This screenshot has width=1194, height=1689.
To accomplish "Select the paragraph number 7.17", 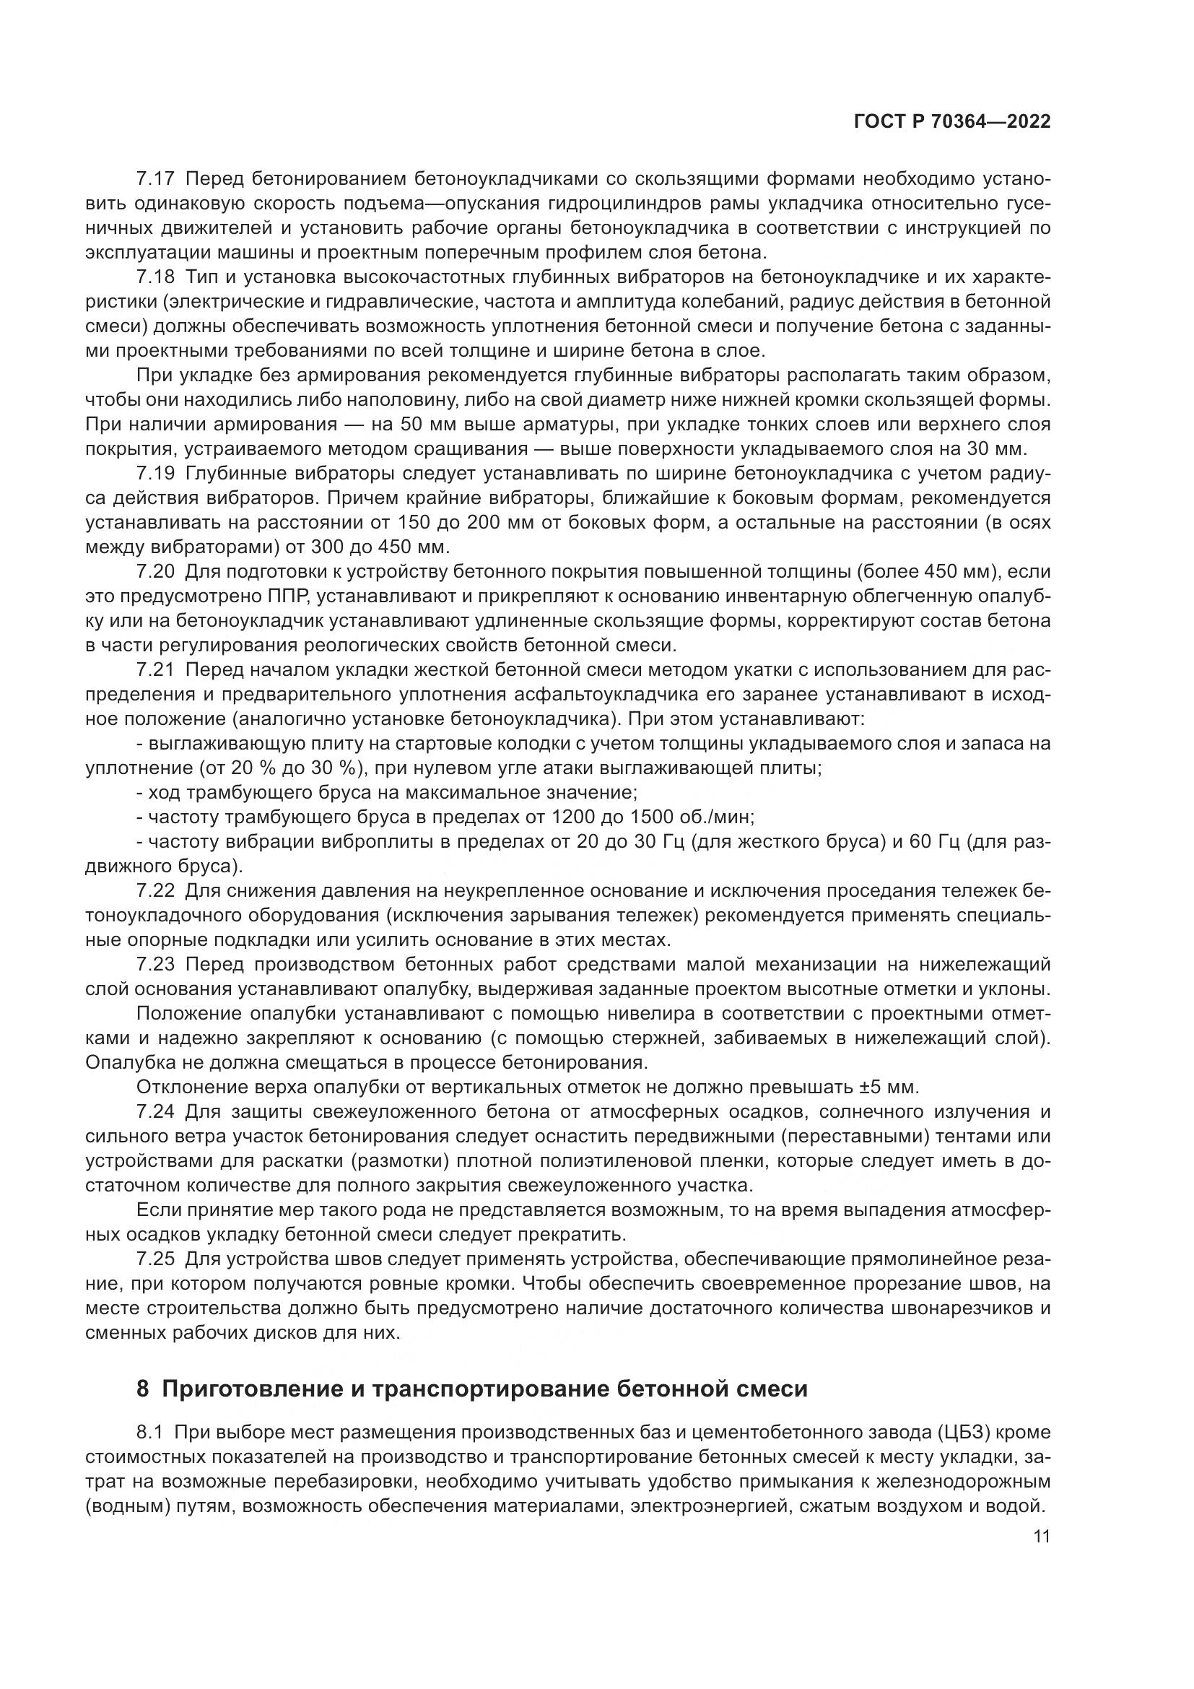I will [156, 179].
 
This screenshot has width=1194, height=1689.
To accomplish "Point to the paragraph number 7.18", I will [156, 277].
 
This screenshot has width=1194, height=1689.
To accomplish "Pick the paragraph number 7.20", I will [156, 572].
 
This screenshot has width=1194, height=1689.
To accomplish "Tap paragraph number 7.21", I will [156, 669].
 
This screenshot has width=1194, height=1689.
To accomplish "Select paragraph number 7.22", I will [156, 891].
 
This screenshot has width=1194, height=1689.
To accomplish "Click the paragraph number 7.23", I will [156, 965].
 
